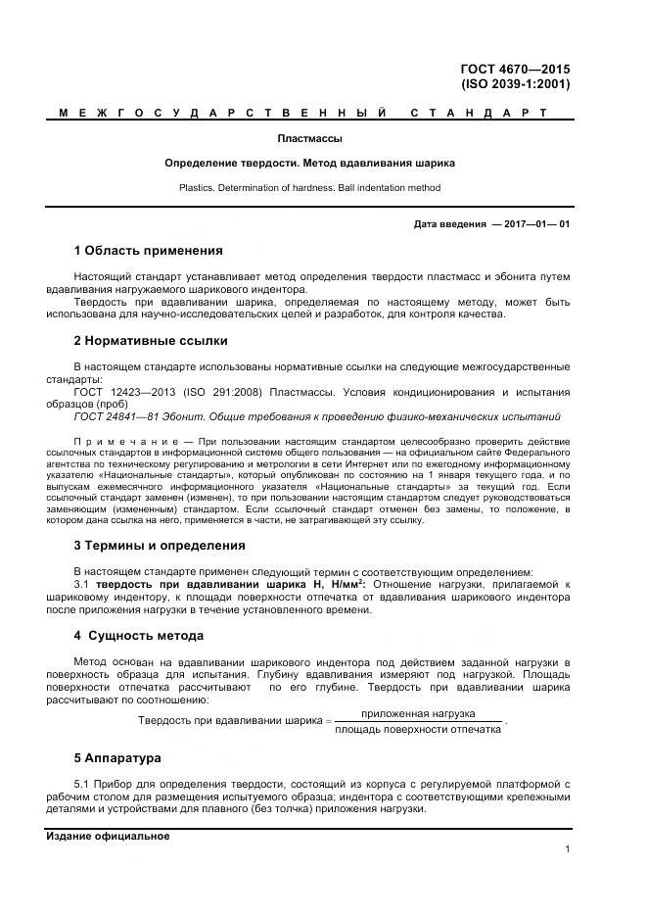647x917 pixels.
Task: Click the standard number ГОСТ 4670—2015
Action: tap(515, 69)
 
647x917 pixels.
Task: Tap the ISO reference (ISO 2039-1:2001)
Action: tap(516, 84)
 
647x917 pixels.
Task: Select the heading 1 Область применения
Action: tap(148, 251)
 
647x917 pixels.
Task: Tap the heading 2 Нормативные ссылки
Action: tap(151, 341)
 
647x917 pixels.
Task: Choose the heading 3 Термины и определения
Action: tap(160, 545)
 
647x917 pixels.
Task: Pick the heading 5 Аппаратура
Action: tap(118, 758)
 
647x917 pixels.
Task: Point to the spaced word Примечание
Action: tap(117, 442)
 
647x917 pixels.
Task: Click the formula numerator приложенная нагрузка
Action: tap(418, 713)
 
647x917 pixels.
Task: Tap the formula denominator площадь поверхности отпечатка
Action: tap(418, 728)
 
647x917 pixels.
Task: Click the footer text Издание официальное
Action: tap(108, 836)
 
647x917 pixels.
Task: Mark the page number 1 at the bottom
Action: tap(568, 849)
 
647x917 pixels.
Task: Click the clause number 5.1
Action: tap(82, 785)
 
